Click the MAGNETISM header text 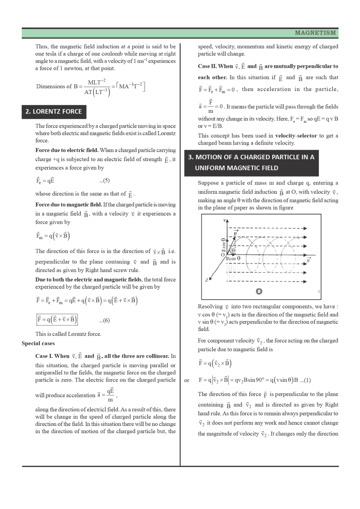315,33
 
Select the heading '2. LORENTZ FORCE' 54,112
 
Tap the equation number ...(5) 105,181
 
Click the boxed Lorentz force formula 57,320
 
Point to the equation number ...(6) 105,320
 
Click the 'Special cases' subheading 38,344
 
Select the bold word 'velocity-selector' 296,136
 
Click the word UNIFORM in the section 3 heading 210,168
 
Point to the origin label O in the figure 223,255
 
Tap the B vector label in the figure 308,260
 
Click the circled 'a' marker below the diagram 259,291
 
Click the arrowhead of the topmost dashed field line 305,229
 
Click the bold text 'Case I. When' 52,356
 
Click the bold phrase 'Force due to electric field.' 67,150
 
